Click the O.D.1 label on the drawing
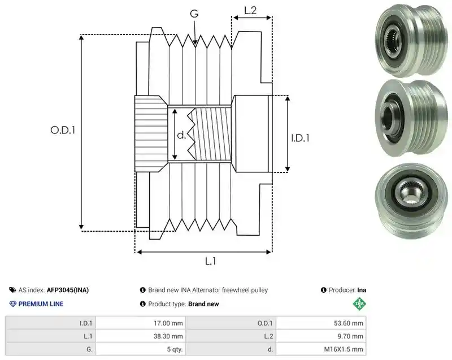coord(63,131)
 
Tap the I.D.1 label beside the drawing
coord(300,138)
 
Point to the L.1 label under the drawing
coord(211,261)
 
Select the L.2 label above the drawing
coord(250,10)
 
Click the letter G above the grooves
coord(194,13)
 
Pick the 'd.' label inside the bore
coord(181,135)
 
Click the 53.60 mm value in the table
coord(349,323)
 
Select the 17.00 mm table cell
coord(168,323)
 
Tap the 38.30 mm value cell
coord(168,336)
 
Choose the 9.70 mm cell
coord(350,336)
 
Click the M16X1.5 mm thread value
coord(344,349)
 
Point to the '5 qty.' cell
coord(175,349)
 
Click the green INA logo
coord(359,303)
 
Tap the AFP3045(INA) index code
coord(68,290)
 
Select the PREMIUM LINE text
coord(41,304)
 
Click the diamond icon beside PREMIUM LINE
coord(13,304)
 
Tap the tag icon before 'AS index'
coord(12,290)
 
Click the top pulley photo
coord(411,40)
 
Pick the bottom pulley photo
coord(411,201)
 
